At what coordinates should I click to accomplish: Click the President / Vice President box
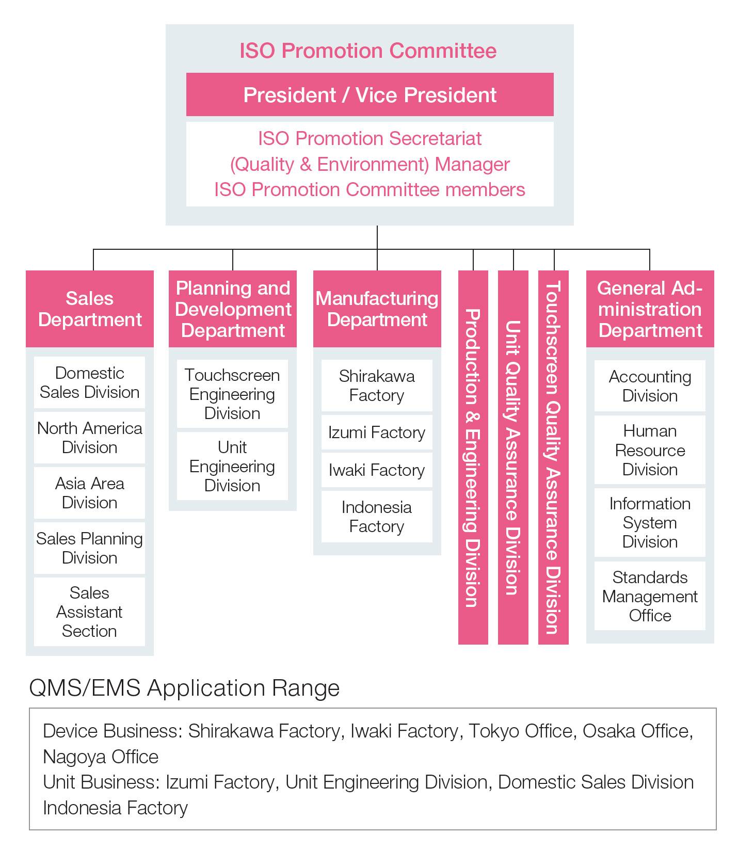click(x=370, y=94)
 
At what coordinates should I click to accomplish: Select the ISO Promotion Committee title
click(x=368, y=51)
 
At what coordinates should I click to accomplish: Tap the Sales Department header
click(x=90, y=309)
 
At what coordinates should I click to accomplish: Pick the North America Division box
click(x=89, y=438)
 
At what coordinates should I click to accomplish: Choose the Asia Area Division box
click(x=89, y=493)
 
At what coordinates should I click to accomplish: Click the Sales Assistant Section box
click(x=89, y=612)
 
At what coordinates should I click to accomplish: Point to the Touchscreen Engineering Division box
click(x=232, y=394)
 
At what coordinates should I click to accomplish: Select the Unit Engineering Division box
click(x=232, y=466)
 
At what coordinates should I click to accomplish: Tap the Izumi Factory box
click(x=377, y=432)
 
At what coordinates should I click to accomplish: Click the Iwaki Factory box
click(x=377, y=470)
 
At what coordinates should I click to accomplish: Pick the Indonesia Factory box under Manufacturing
click(x=377, y=517)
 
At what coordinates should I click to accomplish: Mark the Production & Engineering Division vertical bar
click(x=473, y=457)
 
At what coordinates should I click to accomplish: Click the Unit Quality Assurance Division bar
click(x=513, y=457)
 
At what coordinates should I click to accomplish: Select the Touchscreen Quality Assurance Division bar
click(x=553, y=457)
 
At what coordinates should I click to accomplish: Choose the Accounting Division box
click(x=650, y=386)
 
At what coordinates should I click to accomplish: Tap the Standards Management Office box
click(x=650, y=596)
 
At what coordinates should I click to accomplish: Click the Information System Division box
click(x=650, y=522)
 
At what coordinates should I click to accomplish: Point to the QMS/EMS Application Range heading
click(x=184, y=688)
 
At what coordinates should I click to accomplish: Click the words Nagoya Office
click(x=101, y=757)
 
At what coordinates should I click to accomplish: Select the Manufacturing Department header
click(x=377, y=309)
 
